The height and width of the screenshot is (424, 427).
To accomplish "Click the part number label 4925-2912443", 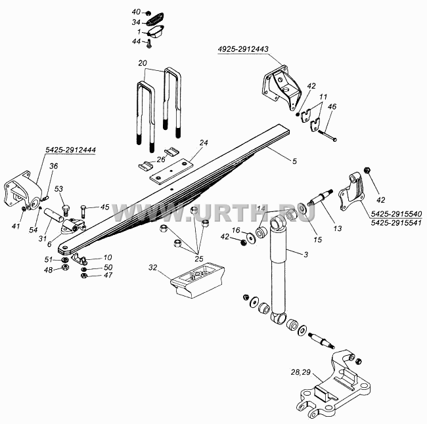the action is [x=243, y=49].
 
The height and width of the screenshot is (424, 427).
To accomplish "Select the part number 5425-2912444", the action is [x=70, y=150].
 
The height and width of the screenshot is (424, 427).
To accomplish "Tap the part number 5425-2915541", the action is [x=396, y=223].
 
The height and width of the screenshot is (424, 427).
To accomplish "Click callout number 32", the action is [x=153, y=268].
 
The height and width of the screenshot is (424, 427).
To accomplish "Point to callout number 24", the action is [x=204, y=142].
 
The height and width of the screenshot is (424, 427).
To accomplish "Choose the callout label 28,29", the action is [x=301, y=372].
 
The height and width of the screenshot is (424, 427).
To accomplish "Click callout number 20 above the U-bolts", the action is [x=143, y=63].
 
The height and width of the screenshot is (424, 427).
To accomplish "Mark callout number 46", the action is [x=332, y=106].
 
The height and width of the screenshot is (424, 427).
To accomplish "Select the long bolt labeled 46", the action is [x=327, y=135].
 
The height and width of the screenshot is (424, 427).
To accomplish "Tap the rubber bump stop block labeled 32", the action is [x=198, y=280].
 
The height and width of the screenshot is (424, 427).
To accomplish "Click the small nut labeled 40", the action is [x=148, y=13].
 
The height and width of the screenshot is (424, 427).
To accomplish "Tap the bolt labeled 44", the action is [x=148, y=44].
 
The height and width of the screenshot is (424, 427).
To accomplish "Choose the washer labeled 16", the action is [x=250, y=236].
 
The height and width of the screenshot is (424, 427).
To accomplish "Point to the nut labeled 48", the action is [x=65, y=267].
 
